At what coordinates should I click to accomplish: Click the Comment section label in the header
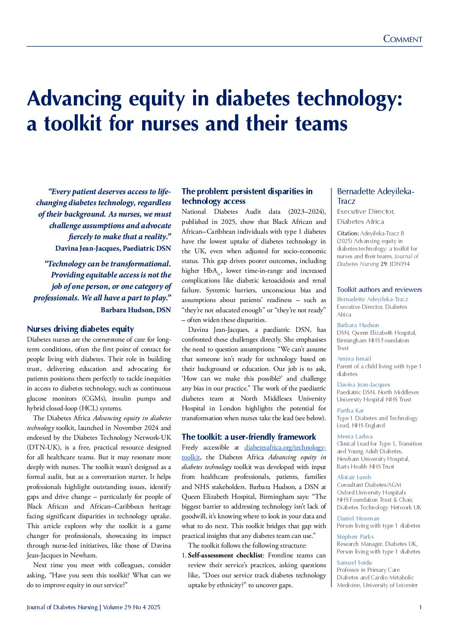click(402, 39)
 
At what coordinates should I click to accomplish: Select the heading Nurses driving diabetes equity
click(80, 329)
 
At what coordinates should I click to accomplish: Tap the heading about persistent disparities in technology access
click(247, 196)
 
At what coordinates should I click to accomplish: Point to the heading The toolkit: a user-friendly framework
click(249, 437)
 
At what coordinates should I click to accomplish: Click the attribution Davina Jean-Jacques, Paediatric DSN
click(113, 248)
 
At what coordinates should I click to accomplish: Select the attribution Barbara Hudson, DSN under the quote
click(135, 310)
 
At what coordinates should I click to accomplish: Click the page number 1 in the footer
click(420, 607)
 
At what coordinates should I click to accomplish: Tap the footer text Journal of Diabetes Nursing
click(62, 607)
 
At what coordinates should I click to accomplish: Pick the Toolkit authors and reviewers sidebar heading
click(379, 289)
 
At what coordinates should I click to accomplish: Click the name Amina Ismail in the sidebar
click(354, 359)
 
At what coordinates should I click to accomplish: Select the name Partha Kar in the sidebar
click(350, 410)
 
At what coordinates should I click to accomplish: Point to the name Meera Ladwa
click(354, 436)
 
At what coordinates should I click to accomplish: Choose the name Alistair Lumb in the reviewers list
click(354, 477)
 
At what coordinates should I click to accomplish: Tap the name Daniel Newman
click(358, 518)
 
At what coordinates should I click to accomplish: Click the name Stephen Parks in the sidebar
click(355, 537)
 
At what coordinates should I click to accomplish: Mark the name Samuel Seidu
click(354, 563)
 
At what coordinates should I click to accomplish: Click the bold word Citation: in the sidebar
click(348, 233)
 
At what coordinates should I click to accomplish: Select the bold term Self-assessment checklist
click(225, 555)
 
